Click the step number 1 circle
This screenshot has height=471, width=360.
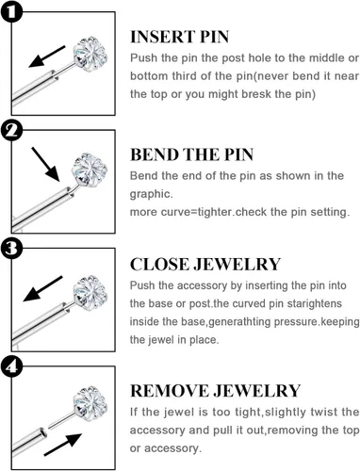pyautogui.click(x=11, y=11)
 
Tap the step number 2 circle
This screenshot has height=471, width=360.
pyautogui.click(x=11, y=130)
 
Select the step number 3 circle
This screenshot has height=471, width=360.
pyautogui.click(x=11, y=248)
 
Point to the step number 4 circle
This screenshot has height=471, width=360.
pyautogui.click(x=11, y=366)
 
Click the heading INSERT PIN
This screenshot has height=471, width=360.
pyautogui.click(x=179, y=37)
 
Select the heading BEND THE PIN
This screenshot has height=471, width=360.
pyautogui.click(x=191, y=154)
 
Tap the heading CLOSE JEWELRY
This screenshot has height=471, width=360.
pyautogui.click(x=205, y=265)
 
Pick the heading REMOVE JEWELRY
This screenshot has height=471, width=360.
pyautogui.click(x=215, y=391)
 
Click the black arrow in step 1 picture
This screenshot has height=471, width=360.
pyautogui.click(x=47, y=57)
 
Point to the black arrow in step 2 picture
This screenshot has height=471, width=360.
pyautogui.click(x=45, y=165)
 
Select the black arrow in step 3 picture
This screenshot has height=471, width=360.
pyautogui.click(x=43, y=289)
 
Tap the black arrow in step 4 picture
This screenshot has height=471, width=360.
pyautogui.click(x=63, y=445)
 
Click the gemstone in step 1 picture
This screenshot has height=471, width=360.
pyautogui.click(x=90, y=54)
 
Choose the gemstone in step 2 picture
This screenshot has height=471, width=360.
pyautogui.click(x=90, y=170)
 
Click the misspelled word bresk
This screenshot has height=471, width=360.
pyautogui.click(x=257, y=94)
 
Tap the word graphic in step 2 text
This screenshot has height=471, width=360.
pyautogui.click(x=152, y=194)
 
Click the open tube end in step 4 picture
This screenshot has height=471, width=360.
pyautogui.click(x=43, y=433)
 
